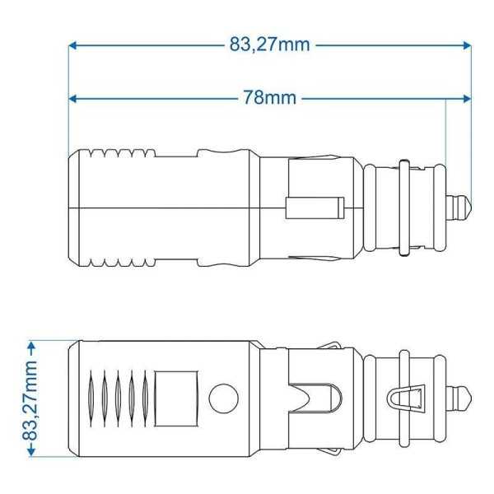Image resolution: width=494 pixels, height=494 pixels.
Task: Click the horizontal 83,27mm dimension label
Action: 269,44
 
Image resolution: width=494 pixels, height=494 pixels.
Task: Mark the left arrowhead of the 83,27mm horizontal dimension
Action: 72,44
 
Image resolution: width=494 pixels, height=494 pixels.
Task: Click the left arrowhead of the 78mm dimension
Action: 72,98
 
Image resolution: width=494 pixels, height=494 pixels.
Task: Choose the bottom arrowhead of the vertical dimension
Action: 30,452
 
